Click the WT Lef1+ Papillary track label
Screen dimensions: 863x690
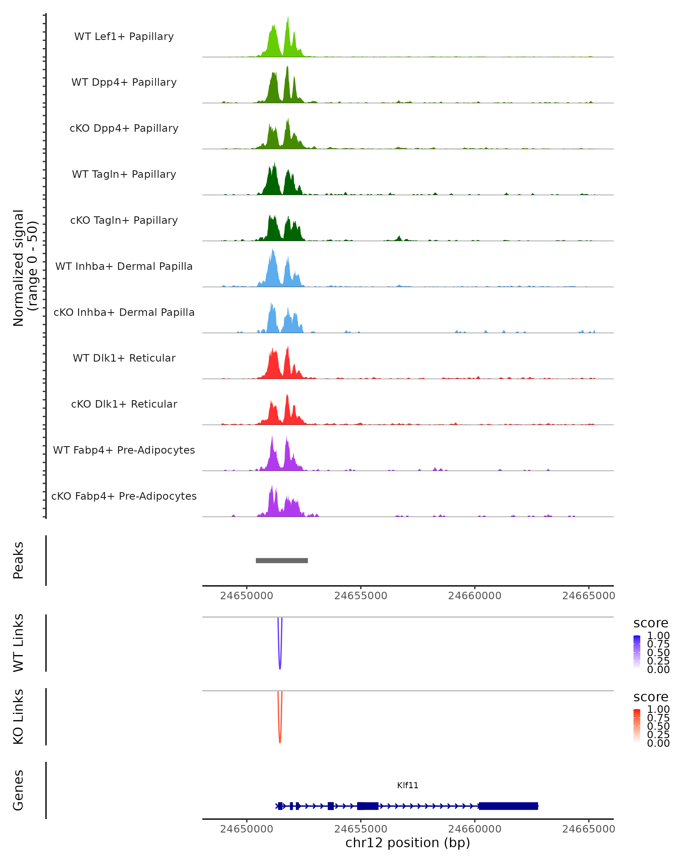pyautogui.click(x=124, y=37)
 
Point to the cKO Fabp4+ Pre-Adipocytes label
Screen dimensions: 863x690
pyautogui.click(x=124, y=496)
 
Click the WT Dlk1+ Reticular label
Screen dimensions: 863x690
pyautogui.click(x=124, y=358)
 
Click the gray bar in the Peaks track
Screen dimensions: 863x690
pyautogui.click(x=281, y=560)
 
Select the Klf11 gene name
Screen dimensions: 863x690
pyautogui.click(x=408, y=785)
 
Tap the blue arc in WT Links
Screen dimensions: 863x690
pyautogui.click(x=280, y=660)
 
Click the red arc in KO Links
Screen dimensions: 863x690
pyautogui.click(x=280, y=734)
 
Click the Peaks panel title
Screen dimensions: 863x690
pyautogui.click(x=18, y=560)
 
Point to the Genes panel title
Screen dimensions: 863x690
pyautogui.click(x=18, y=790)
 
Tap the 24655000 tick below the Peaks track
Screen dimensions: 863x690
pyautogui.click(x=361, y=596)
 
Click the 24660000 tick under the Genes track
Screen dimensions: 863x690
pyautogui.click(x=474, y=829)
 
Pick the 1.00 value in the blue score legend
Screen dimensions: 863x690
pyautogui.click(x=658, y=636)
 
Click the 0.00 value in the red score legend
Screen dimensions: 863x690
pyautogui.click(x=658, y=743)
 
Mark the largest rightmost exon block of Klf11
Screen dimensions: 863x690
pyautogui.click(x=508, y=806)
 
